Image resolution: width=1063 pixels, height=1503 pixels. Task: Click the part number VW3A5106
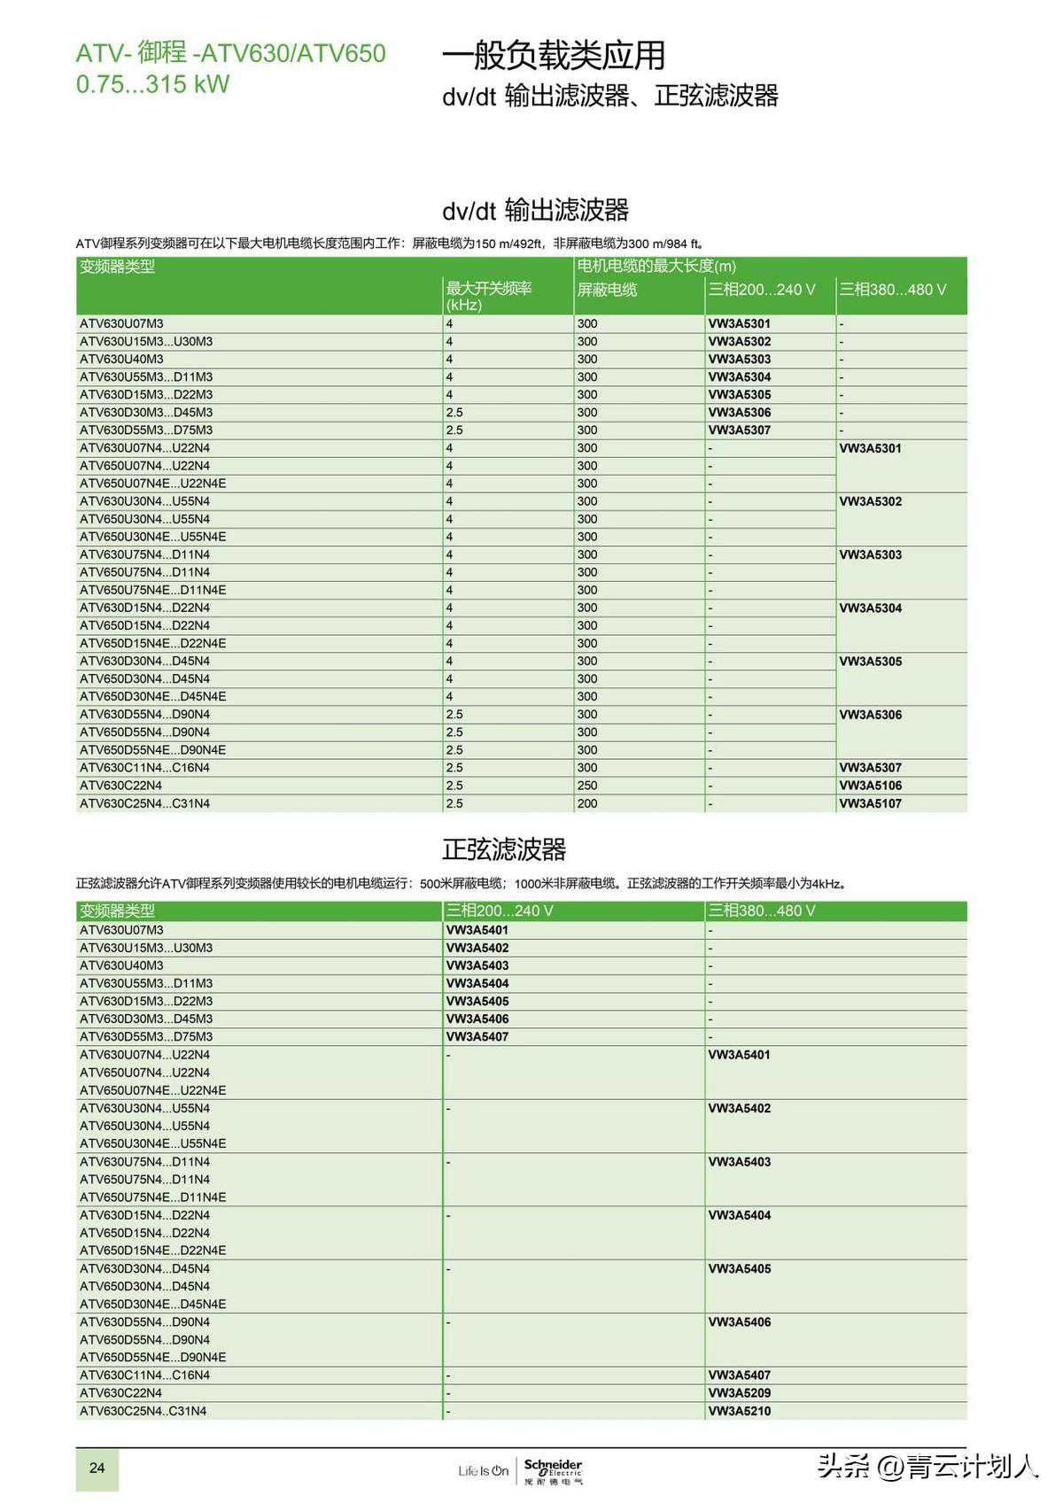click(870, 786)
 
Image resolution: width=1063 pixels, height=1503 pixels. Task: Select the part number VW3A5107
click(870, 803)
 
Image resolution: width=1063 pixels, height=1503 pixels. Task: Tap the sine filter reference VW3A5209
click(739, 1393)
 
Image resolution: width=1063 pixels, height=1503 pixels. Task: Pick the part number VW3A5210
click(739, 1411)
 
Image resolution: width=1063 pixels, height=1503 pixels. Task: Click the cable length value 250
click(587, 786)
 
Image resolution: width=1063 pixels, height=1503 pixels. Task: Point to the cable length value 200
click(587, 803)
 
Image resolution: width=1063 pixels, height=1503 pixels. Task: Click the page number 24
click(97, 1468)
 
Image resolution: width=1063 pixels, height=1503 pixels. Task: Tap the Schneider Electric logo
click(553, 1470)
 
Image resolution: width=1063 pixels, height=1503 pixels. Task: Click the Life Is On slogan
click(484, 1471)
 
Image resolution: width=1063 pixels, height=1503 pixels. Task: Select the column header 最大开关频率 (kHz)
click(488, 296)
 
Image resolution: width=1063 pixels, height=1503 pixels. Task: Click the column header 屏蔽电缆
click(607, 290)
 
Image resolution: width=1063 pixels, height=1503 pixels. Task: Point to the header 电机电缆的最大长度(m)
click(656, 266)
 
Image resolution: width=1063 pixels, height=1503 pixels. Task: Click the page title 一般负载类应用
click(553, 55)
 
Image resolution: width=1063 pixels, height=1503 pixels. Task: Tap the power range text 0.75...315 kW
click(152, 85)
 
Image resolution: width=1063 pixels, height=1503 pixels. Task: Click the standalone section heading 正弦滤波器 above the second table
click(503, 849)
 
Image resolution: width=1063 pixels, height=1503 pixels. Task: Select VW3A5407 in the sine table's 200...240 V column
click(477, 1036)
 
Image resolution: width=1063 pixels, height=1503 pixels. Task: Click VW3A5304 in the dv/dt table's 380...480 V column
click(870, 608)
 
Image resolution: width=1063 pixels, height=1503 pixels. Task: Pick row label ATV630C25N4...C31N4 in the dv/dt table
click(144, 803)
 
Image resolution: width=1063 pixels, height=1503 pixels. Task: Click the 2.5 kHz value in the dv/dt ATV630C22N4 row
click(454, 786)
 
